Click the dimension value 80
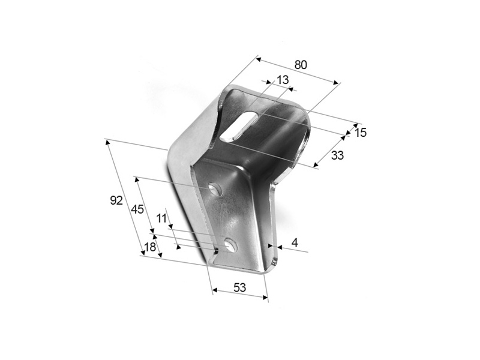pyautogui.click(x=301, y=65)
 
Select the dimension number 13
pyautogui.click(x=282, y=80)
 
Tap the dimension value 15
pyautogui.click(x=361, y=133)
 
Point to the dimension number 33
pyautogui.click(x=337, y=155)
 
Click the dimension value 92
pyautogui.click(x=116, y=200)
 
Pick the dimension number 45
pyautogui.click(x=137, y=209)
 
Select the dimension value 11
pyautogui.click(x=161, y=218)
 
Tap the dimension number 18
pyautogui.click(x=150, y=247)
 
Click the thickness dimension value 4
pyautogui.click(x=295, y=242)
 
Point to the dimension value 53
pyautogui.click(x=239, y=287)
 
